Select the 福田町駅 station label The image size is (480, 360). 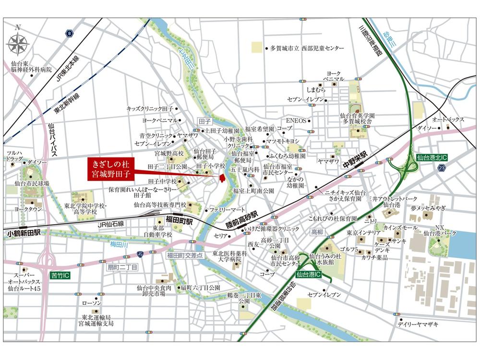[x=179, y=221]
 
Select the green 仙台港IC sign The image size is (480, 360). [x=311, y=275]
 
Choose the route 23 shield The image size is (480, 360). [x=441, y=168]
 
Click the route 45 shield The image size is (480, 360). [x=140, y=254]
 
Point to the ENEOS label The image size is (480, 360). [x=296, y=120]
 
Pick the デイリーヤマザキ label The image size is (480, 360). [x=417, y=324]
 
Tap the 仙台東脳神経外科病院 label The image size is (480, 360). [x=31, y=66]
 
